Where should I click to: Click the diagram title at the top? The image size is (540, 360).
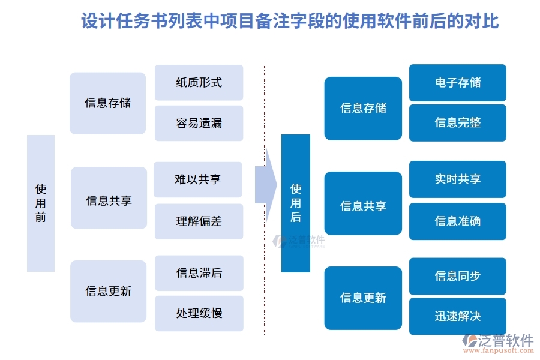[x=290, y=22]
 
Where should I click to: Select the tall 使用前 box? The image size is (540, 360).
[x=41, y=203]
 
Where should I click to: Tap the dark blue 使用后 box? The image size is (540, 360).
[x=296, y=203]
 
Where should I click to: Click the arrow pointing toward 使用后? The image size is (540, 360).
[x=265, y=185]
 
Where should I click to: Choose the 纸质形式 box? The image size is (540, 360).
[x=199, y=83]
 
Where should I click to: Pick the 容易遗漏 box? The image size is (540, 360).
[x=199, y=123]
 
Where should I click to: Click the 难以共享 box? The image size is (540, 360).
[x=198, y=179]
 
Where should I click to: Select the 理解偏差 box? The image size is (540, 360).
[x=199, y=221]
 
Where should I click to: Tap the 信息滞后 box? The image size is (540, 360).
[x=199, y=273]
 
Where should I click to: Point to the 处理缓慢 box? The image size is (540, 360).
[x=199, y=313]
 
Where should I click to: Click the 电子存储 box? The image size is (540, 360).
[x=458, y=83]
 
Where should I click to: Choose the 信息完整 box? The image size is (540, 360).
[x=458, y=123]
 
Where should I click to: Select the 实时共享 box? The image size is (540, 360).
[x=458, y=179]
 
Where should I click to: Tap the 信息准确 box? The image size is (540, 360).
[x=458, y=221]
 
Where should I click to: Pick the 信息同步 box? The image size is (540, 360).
[x=458, y=276]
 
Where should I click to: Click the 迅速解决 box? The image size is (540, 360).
[x=458, y=316]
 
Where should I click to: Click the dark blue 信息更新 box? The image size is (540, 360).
[x=363, y=298]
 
